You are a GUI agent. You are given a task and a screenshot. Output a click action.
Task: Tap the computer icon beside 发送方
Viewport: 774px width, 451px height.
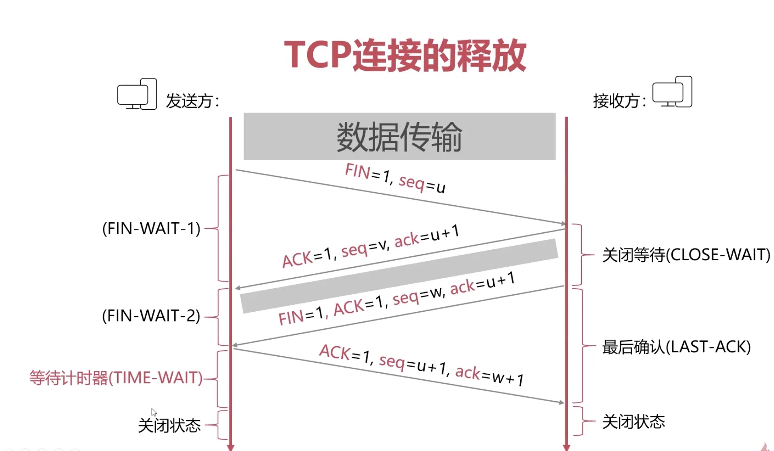point(137,94)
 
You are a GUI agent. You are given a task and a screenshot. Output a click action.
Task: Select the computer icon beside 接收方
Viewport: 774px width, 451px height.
point(672,92)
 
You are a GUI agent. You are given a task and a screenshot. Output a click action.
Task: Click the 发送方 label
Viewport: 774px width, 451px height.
point(192,101)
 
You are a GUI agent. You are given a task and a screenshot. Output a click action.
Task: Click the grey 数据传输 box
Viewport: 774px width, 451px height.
point(399,136)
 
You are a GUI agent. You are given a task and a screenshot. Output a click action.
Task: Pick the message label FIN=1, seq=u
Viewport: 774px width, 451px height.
point(395,178)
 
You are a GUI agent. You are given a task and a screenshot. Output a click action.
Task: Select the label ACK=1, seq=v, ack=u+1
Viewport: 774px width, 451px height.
point(371,246)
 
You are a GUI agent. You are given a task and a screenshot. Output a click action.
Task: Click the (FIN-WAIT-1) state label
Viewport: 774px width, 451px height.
point(151,229)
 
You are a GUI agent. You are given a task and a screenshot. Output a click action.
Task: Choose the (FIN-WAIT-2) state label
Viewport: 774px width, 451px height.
point(151,316)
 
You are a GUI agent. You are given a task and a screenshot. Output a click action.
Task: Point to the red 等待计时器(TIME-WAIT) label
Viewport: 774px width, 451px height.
point(116,378)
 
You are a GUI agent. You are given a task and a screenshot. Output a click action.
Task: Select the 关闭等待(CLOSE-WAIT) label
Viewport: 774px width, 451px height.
point(686,255)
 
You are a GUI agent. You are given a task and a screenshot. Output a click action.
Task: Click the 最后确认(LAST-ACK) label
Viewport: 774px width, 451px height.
point(676,347)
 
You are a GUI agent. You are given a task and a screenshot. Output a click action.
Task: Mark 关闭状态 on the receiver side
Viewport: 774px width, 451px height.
point(633,422)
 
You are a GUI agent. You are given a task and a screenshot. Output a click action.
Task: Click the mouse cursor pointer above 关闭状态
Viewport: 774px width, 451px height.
point(154,412)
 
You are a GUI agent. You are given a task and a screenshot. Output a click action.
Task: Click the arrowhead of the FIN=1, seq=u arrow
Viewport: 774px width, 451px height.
point(563,223)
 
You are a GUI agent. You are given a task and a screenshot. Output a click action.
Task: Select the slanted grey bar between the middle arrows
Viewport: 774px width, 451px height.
point(399,276)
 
